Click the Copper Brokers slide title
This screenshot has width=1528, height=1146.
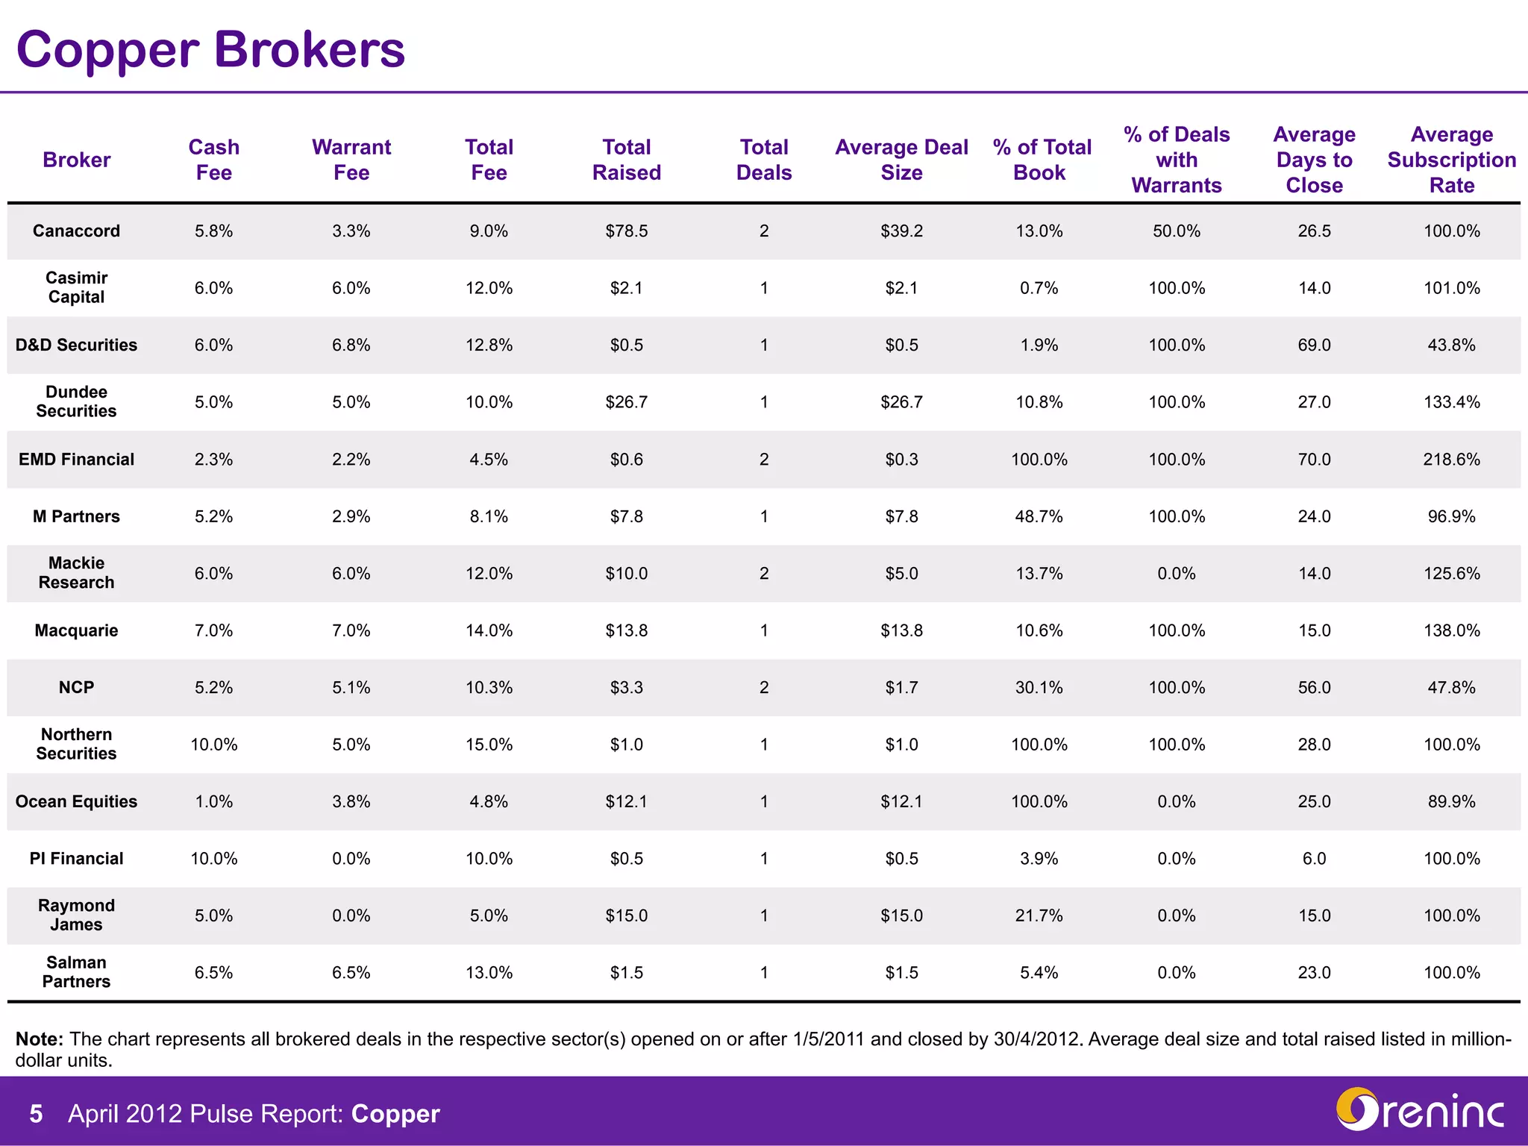[210, 49]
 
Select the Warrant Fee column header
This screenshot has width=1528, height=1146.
[351, 160]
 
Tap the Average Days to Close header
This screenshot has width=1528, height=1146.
[1314, 160]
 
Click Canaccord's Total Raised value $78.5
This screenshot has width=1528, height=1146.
[626, 231]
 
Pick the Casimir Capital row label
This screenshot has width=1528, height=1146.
[76, 287]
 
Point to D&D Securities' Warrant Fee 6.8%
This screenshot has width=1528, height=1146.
[351, 345]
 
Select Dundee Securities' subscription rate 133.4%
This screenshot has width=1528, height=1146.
[1451, 402]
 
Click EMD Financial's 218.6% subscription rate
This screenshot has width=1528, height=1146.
[1451, 460]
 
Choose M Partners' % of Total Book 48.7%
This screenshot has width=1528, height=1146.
[1039, 516]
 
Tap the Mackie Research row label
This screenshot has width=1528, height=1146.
[76, 573]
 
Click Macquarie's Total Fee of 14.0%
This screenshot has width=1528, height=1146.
[489, 630]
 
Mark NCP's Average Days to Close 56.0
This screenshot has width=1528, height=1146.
[1314, 688]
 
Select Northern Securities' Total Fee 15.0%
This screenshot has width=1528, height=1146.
[489, 745]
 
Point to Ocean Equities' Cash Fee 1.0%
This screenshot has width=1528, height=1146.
[213, 802]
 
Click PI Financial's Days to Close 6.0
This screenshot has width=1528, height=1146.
[1314, 859]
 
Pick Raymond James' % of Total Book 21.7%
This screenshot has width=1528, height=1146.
[1039, 915]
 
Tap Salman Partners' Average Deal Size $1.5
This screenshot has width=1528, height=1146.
[901, 973]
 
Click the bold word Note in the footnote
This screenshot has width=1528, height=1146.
[39, 1039]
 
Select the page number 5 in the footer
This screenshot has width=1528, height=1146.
[36, 1114]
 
